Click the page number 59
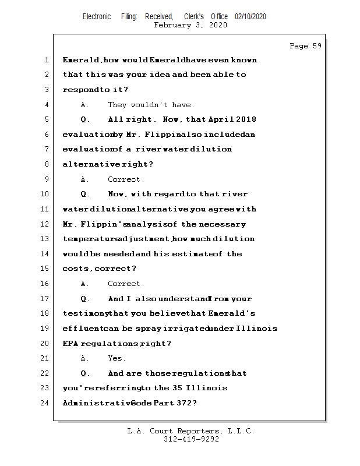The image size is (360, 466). pos(316,46)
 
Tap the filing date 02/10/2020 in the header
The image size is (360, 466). pos(250,17)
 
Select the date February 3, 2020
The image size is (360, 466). pos(190,25)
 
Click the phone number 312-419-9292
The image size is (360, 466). pos(191,439)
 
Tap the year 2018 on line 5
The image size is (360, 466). pos(246,119)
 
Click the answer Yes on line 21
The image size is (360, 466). pos(117,358)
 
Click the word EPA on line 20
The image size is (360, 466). pos(70,344)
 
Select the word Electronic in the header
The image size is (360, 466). pos(97,17)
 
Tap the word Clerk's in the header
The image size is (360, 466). pos(193,17)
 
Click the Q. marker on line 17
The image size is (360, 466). pos(85,299)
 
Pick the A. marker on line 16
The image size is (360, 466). pos(85,284)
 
